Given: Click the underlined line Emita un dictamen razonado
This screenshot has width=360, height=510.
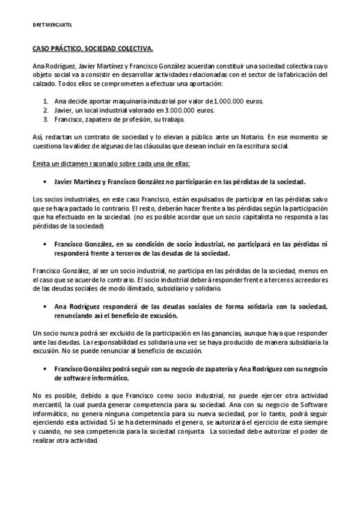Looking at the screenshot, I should click(x=109, y=163).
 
